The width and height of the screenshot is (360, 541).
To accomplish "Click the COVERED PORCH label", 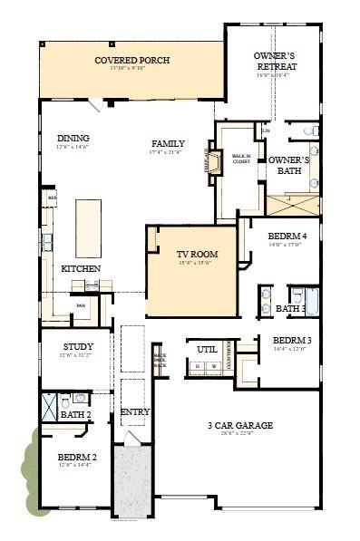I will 132,61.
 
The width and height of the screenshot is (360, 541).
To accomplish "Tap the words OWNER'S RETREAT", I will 273,61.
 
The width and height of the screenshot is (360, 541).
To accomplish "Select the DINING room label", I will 73,139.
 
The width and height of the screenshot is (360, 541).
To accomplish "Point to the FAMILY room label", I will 168,143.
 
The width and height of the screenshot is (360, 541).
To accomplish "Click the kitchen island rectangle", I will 88,227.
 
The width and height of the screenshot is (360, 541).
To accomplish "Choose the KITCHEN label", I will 81,269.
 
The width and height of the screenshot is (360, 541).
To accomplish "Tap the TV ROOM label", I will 194,255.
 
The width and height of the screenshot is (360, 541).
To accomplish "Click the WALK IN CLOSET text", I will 241,159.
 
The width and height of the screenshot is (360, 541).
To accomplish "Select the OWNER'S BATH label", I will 288,165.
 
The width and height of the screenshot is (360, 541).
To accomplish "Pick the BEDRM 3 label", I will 292,341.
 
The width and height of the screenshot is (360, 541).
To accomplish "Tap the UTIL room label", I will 206,348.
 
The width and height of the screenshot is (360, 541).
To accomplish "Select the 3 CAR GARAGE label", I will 240,425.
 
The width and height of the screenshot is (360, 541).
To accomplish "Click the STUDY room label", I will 78,347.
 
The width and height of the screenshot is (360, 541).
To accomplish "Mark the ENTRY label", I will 134,412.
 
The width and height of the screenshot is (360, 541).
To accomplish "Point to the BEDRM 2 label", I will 76,457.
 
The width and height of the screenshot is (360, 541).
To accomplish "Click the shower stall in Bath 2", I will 50,401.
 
